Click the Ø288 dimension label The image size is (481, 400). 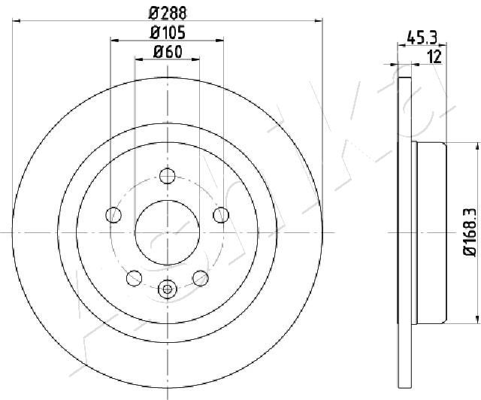coord(168,13)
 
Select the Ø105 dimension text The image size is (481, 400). coord(168,33)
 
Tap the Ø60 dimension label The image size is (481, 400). coord(168,52)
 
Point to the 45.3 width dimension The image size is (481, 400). coord(422,38)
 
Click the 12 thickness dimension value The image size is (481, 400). coord(434,57)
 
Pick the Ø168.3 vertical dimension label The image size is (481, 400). coord(470,232)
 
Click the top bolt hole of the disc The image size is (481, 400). coord(167,176)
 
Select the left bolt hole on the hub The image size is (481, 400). coord(113,215)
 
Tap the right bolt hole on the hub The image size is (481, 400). coord(221,215)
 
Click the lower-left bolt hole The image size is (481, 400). coord(134,278)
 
